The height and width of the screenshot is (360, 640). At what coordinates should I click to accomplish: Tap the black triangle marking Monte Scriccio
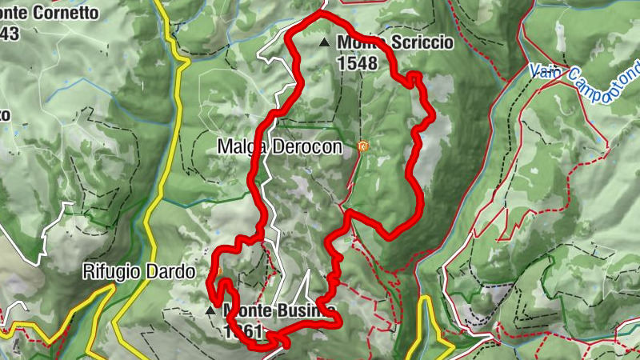coord(324,42)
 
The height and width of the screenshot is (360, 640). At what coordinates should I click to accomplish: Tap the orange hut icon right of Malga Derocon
coord(362,146)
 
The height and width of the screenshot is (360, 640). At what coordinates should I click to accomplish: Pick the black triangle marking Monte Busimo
coord(211,310)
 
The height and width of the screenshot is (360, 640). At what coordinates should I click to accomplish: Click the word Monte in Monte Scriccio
coord(360,42)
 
